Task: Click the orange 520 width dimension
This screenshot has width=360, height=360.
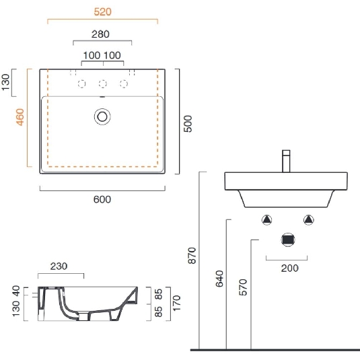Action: coord(102,12)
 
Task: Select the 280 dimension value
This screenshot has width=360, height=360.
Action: coord(102,34)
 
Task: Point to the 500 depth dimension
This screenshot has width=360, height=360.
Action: coord(189,124)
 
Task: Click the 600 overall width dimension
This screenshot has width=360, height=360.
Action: coord(102,199)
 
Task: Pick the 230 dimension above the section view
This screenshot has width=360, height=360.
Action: coord(60,266)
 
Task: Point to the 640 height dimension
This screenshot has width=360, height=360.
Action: coord(219,279)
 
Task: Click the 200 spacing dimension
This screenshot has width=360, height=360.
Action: coord(289,268)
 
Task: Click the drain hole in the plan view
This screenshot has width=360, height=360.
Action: coord(102,116)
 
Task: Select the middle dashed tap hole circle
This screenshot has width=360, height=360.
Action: coord(102,83)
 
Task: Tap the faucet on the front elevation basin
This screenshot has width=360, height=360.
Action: coord(285,161)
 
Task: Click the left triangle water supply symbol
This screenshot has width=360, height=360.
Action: coord(267,219)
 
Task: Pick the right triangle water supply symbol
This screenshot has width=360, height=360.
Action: coord(309,219)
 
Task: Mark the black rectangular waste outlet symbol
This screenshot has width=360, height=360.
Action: coord(288,240)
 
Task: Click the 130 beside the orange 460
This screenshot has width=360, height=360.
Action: coord(6,82)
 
